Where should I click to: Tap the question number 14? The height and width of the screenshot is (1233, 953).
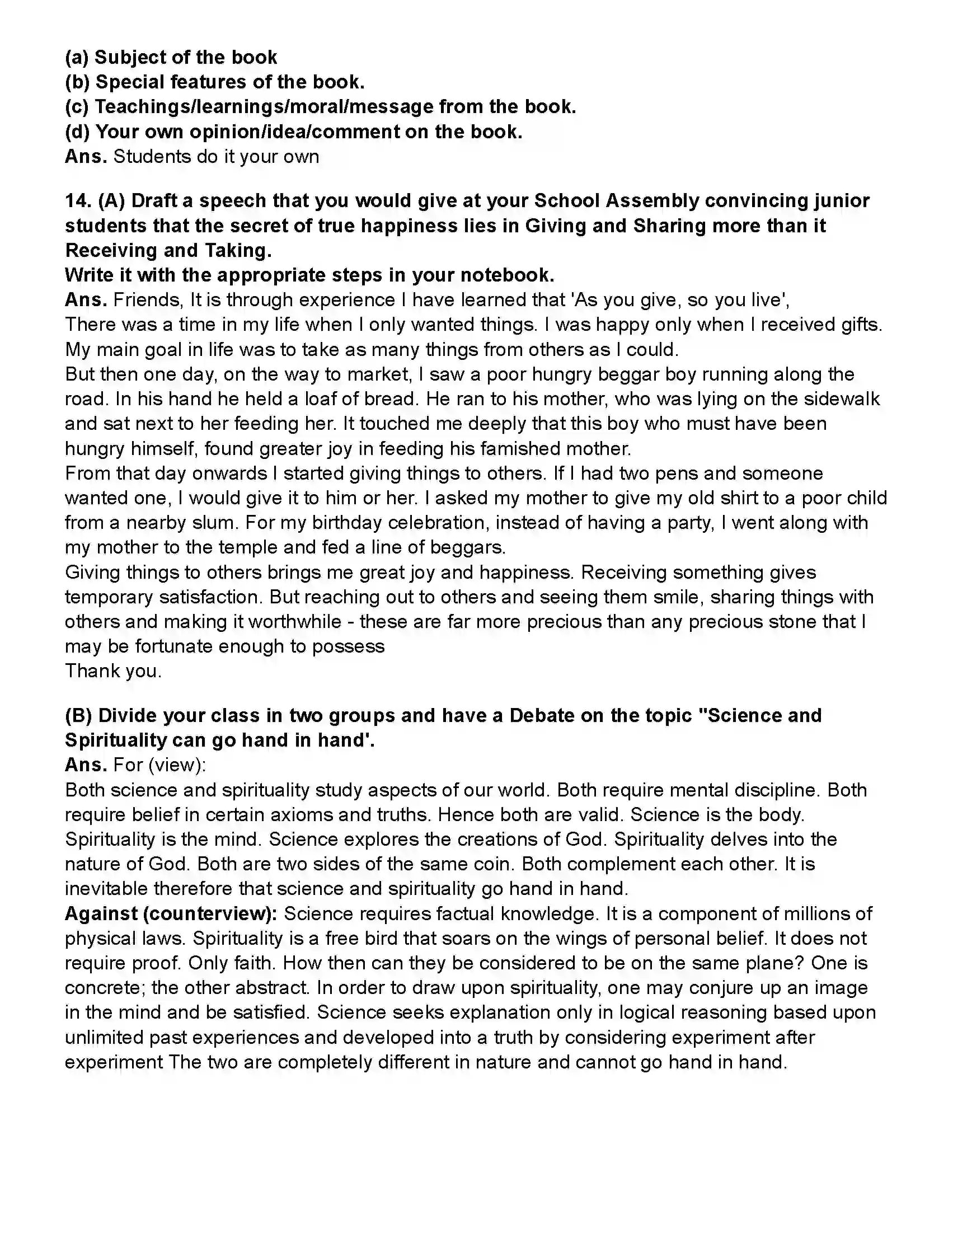tap(78, 201)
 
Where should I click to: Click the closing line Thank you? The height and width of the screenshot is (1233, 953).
tap(114, 671)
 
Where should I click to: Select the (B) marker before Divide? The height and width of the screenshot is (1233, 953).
tap(78, 716)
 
